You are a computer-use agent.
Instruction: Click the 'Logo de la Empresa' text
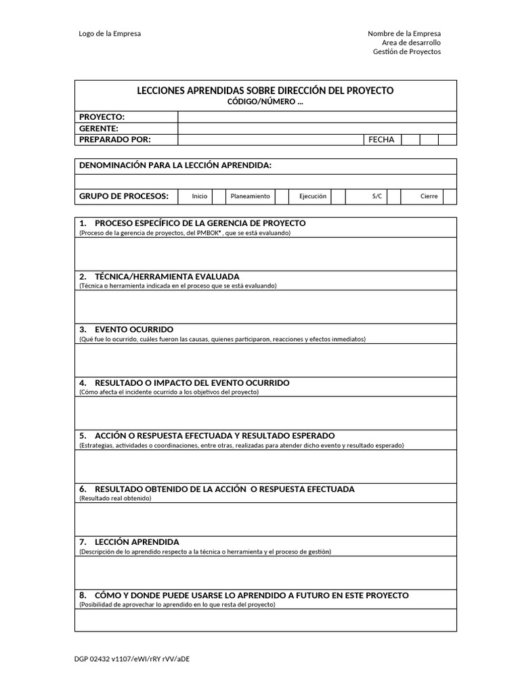pyautogui.click(x=110, y=34)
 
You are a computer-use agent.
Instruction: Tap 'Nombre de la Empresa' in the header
pyautogui.click(x=404, y=34)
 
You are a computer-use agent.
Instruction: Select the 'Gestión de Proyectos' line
pyautogui.click(x=406, y=52)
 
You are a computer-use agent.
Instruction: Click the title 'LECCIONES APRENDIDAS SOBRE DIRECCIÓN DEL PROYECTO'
pyautogui.click(x=265, y=91)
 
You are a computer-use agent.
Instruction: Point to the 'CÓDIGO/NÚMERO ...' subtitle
pyautogui.click(x=265, y=102)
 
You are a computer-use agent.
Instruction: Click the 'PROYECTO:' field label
pyautogui.click(x=102, y=117)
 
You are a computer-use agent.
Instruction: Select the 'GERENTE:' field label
pyautogui.click(x=99, y=128)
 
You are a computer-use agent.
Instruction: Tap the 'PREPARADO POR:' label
pyautogui.click(x=115, y=139)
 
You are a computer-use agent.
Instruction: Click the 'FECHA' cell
pyautogui.click(x=381, y=139)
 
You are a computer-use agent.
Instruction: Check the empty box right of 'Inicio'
pyautogui.click(x=218, y=196)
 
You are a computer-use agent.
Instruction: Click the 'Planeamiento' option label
pyautogui.click(x=250, y=196)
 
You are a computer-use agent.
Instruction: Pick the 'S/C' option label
pyautogui.click(x=377, y=196)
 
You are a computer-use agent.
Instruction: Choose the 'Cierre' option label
pyautogui.click(x=429, y=196)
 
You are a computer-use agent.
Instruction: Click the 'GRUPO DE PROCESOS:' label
pyautogui.click(x=124, y=196)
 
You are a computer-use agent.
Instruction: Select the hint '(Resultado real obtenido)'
pyautogui.click(x=115, y=498)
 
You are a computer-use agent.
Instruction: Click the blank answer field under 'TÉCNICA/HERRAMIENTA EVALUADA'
pyautogui.click(x=265, y=307)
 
